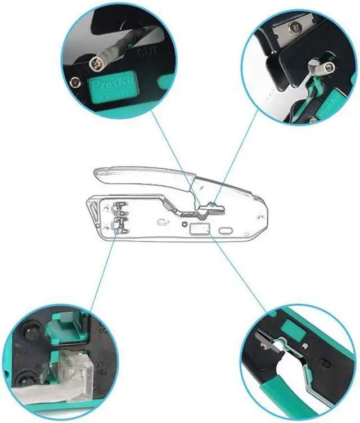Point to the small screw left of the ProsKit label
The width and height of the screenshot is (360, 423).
tap(73, 84)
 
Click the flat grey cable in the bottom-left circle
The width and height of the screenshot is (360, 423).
tap(34, 394)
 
